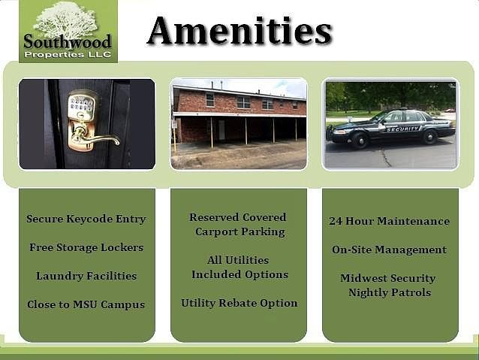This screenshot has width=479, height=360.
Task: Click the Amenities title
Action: (x=239, y=31)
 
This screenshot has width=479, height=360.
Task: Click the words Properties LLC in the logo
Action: (x=68, y=55)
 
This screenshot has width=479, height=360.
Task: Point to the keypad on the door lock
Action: (x=81, y=104)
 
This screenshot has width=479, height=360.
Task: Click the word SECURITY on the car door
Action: (x=402, y=129)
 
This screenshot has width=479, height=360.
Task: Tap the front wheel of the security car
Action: (x=360, y=140)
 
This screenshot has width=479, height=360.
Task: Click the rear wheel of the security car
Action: (x=429, y=137)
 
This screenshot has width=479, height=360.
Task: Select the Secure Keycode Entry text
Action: (x=86, y=219)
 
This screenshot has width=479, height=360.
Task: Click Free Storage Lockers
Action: (x=86, y=247)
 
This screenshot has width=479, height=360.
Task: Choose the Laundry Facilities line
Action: (x=86, y=276)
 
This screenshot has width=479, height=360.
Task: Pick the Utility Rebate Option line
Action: (x=239, y=303)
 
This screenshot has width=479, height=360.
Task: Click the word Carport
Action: (x=214, y=231)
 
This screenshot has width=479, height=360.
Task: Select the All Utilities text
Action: (x=238, y=260)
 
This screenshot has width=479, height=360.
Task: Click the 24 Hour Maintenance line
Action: (x=390, y=221)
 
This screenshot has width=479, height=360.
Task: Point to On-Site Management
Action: (x=390, y=250)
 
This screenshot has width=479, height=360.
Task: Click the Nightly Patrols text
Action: (x=390, y=292)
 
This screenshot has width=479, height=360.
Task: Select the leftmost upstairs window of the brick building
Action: (x=210, y=100)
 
